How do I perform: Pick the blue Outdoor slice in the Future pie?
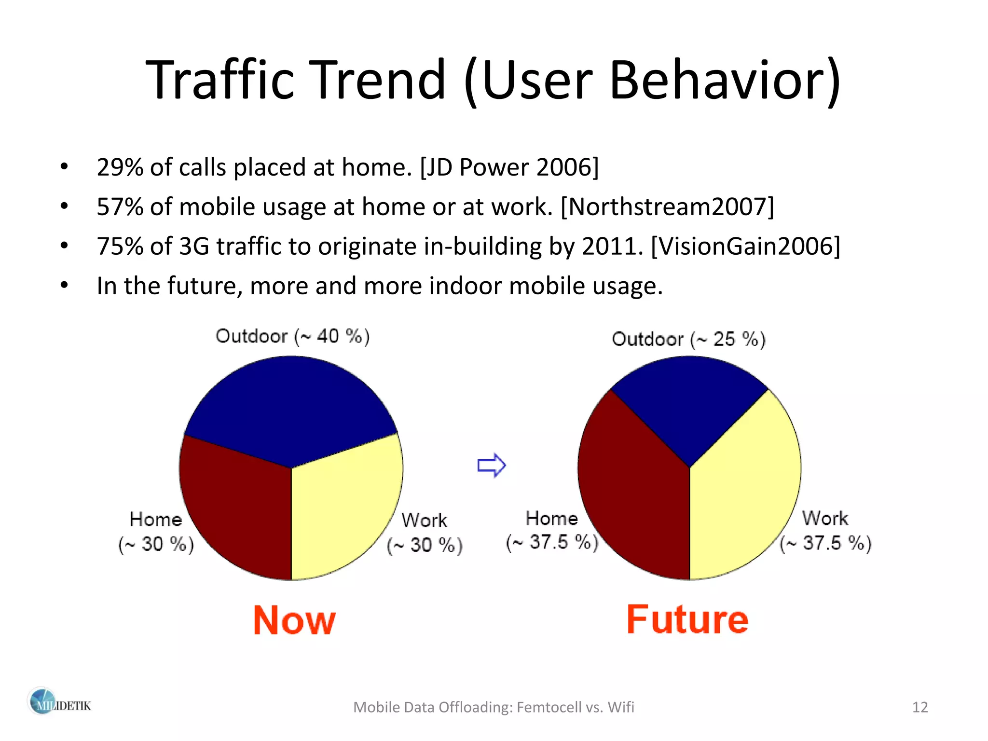689,400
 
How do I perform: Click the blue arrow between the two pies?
491,466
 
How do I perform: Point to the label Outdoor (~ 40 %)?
292,336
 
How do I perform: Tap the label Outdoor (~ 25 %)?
688,339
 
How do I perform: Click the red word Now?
294,620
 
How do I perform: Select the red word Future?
687,619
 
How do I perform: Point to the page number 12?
920,707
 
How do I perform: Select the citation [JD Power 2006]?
509,167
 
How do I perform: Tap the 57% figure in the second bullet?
120,207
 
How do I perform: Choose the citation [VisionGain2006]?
745,247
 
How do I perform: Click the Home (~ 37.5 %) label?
552,530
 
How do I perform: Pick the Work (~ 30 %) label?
425,533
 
